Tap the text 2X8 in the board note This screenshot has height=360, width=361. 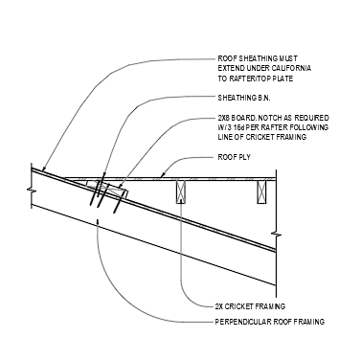[x=224, y=116]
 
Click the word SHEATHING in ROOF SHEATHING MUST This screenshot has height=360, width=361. [x=256, y=59]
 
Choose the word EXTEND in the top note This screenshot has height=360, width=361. [x=230, y=68]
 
